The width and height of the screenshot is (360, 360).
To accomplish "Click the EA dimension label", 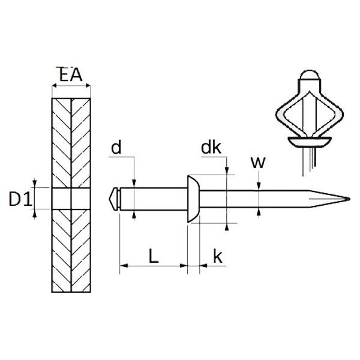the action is click(x=70, y=74).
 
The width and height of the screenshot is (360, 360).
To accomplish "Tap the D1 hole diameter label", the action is click(x=20, y=199).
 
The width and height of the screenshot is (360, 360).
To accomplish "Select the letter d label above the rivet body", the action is click(x=116, y=148).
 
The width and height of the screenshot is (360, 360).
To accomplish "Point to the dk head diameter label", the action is click(x=211, y=148).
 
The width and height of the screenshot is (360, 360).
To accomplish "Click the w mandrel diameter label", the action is click(x=258, y=163).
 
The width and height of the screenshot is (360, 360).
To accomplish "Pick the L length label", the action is click(x=154, y=256).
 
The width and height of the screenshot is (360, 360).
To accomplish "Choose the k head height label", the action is click(x=218, y=256).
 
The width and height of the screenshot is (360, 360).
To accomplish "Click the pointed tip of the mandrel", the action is click(x=349, y=199).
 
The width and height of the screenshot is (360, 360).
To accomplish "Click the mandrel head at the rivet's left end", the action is click(x=114, y=199).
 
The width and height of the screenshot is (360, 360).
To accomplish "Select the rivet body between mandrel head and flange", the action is click(x=154, y=199).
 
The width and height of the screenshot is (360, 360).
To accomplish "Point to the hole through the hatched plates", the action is click(x=71, y=199).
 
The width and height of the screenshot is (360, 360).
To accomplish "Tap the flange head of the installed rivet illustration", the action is click(x=310, y=141).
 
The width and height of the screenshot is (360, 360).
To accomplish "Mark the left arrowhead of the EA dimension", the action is click(x=55, y=86).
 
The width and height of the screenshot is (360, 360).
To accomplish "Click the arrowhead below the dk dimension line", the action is click(x=227, y=227).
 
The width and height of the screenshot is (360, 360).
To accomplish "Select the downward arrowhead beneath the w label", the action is click(x=259, y=186).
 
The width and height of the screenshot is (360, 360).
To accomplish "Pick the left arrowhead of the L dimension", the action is click(x=124, y=266).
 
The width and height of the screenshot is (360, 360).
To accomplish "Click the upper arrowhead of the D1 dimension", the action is click(x=34, y=183).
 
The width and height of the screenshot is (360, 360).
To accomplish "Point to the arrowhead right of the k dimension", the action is click(x=203, y=266).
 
